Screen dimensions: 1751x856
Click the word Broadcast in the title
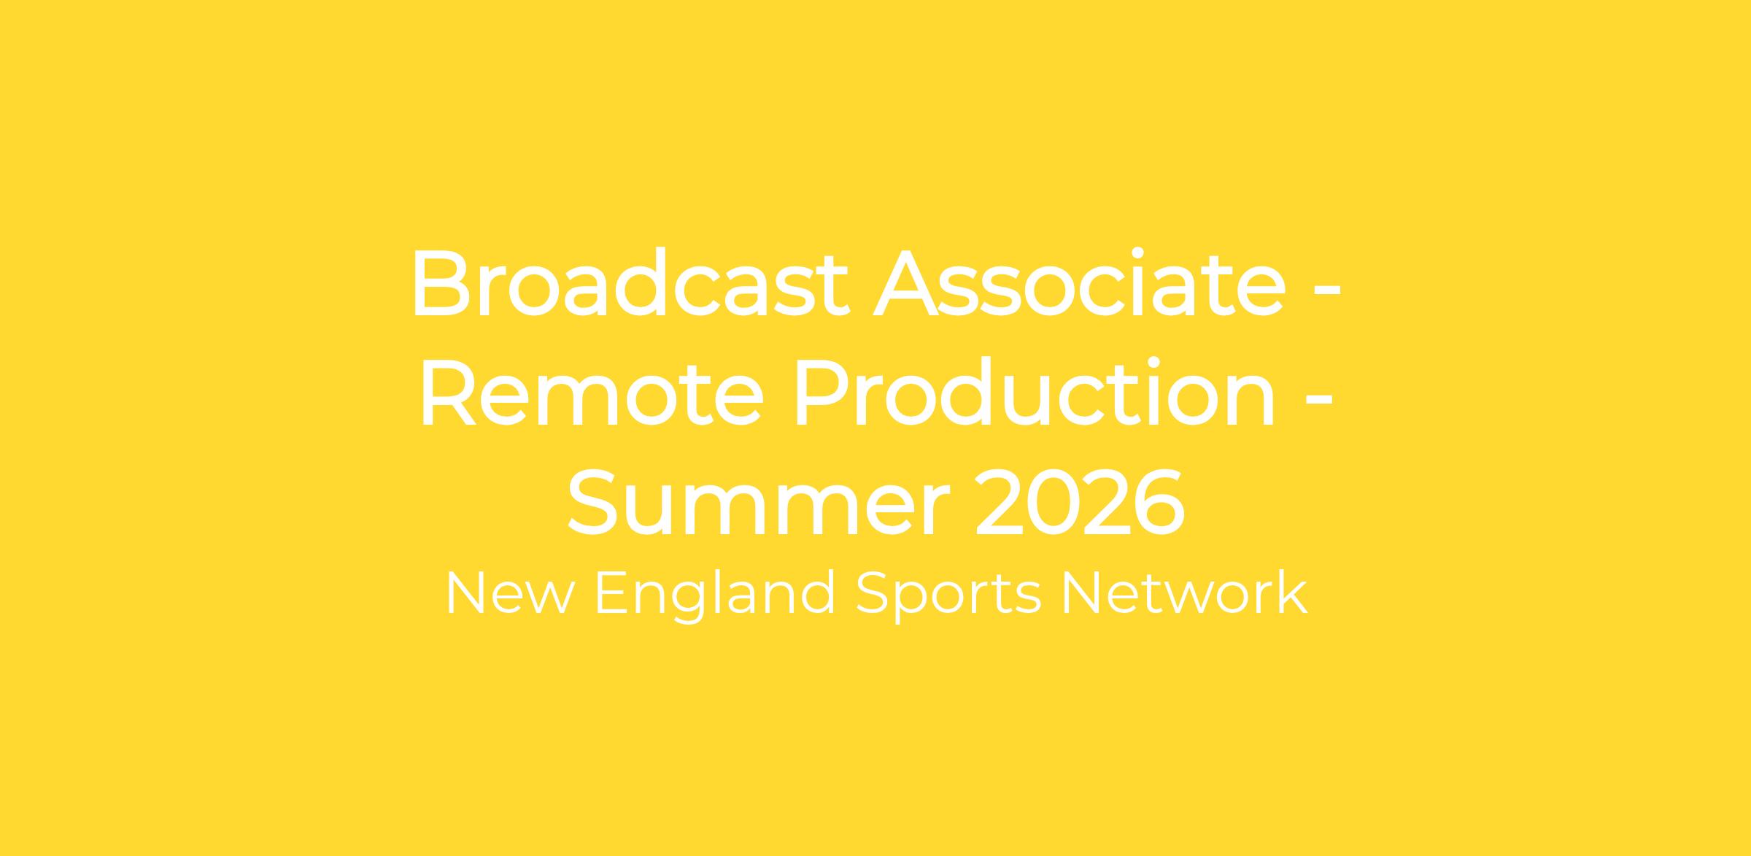630,283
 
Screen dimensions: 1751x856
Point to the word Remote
592,393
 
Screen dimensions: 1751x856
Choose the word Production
1035,393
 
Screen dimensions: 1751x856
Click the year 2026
1081,502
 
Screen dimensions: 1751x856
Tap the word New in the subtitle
509,593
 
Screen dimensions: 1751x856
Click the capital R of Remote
449,393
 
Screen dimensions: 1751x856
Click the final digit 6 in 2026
1158,502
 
